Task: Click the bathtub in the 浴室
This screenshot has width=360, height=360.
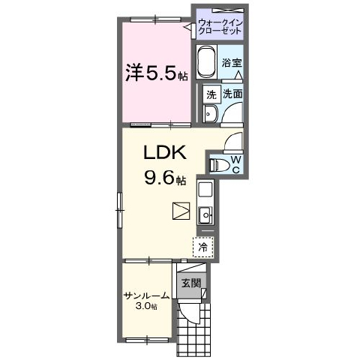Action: pos(206,62)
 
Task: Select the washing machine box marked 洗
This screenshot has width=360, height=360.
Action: pos(211,94)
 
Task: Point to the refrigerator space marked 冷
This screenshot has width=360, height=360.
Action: pos(203,247)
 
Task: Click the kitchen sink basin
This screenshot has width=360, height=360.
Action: pos(205,215)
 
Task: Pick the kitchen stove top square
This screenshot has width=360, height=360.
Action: pos(205,189)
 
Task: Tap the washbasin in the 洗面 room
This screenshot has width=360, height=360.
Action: pos(211,114)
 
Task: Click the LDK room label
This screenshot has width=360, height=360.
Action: pos(165,152)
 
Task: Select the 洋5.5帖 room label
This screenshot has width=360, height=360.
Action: pos(157,73)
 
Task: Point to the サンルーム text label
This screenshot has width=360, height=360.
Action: pos(147,296)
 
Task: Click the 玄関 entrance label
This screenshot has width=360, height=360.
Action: pos(191,283)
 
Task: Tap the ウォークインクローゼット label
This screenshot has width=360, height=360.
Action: pos(220,27)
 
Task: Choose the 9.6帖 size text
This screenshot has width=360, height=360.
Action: pos(165,178)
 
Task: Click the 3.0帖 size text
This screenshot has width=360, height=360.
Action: pos(146,306)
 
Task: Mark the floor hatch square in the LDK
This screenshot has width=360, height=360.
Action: pos(181,211)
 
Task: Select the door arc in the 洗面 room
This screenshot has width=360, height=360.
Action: pos(229,111)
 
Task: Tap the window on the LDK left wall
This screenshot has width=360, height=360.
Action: pos(120,210)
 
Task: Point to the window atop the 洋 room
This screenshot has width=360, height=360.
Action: pos(156,19)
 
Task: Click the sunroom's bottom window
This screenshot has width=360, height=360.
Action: pos(147,340)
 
